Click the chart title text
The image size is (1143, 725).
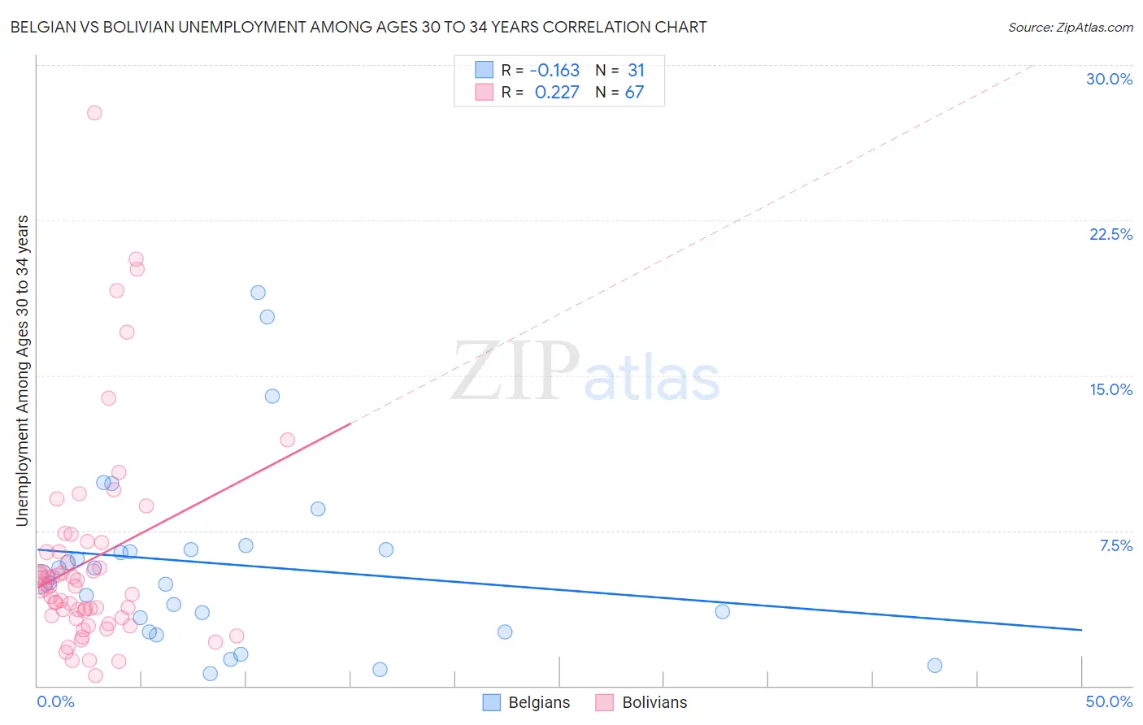click(x=358, y=27)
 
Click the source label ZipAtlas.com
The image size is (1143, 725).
click(x=1070, y=27)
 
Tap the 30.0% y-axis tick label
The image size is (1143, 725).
click(x=1109, y=79)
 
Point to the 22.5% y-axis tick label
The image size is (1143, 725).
click(x=1110, y=234)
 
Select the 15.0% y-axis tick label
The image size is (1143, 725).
click(x=1110, y=389)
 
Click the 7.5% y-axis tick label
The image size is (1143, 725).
click(x=1115, y=545)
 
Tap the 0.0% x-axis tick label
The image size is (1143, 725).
click(x=55, y=701)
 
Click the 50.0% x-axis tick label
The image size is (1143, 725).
click(x=1109, y=701)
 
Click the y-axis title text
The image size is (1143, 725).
click(x=23, y=371)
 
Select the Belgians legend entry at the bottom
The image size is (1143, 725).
click(x=528, y=702)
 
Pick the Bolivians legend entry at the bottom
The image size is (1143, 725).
click(x=642, y=702)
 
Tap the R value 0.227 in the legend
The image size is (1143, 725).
click(x=557, y=93)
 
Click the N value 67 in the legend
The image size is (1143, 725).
click(x=634, y=93)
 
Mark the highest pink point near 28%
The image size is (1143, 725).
click(x=94, y=113)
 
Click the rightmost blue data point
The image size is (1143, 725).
click(x=935, y=666)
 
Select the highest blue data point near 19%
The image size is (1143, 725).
click(x=258, y=293)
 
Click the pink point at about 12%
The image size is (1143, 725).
click(x=287, y=440)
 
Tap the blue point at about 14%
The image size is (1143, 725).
click(x=272, y=396)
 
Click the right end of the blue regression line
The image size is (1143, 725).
click(x=1081, y=630)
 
